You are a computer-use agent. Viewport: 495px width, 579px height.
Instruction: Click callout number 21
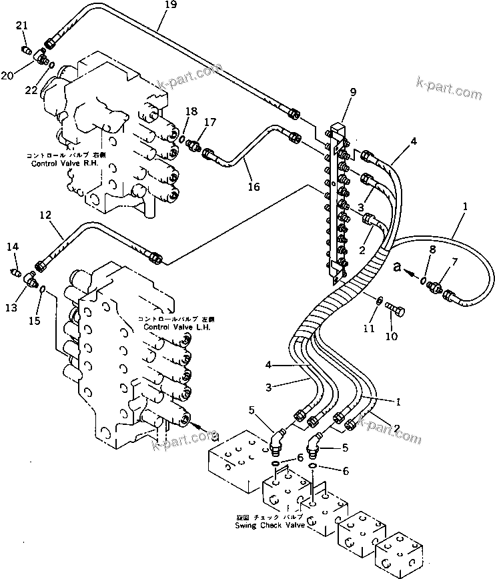click(22, 25)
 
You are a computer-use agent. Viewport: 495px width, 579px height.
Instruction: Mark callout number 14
click(12, 247)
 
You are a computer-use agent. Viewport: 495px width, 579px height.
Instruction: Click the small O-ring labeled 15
click(41, 289)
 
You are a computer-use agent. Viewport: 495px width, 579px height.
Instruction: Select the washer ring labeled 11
click(378, 302)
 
